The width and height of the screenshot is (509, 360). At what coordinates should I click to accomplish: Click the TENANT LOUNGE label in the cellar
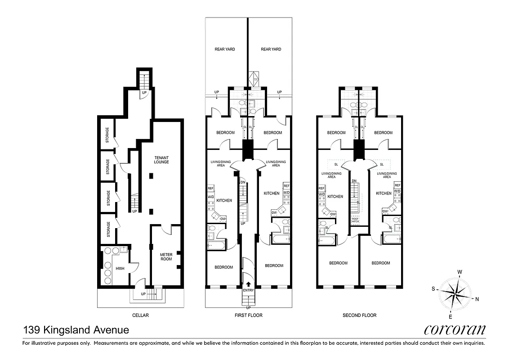coord(161,159)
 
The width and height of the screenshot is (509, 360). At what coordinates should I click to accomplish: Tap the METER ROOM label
coord(166,257)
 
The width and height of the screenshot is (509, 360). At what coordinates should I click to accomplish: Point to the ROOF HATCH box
coord(355,220)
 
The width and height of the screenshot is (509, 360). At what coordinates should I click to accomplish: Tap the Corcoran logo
coord(455,330)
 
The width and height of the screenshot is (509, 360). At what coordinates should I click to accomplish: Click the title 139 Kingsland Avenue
coord(76,330)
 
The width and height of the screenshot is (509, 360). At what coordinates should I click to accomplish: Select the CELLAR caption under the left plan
coord(140,315)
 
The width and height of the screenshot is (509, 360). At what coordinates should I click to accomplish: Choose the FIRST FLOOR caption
coord(249,315)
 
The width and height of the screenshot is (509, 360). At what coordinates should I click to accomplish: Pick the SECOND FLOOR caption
coord(359,315)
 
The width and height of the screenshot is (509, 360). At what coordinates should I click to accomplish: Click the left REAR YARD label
coord(225,49)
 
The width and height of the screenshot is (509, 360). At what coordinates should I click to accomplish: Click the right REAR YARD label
coord(271,49)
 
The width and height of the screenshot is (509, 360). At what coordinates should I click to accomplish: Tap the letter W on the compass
coord(460,272)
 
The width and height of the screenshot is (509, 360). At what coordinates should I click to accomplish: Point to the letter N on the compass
coord(477,299)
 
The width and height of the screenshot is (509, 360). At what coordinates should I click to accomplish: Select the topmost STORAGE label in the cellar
coord(107,134)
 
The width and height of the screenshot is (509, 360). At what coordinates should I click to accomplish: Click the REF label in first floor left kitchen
coord(210,188)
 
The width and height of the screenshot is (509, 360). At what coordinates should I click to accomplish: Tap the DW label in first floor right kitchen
coord(274,213)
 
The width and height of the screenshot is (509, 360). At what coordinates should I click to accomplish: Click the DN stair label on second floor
coord(354,180)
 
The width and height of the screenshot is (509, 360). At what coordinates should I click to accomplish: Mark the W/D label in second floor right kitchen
coord(397,191)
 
